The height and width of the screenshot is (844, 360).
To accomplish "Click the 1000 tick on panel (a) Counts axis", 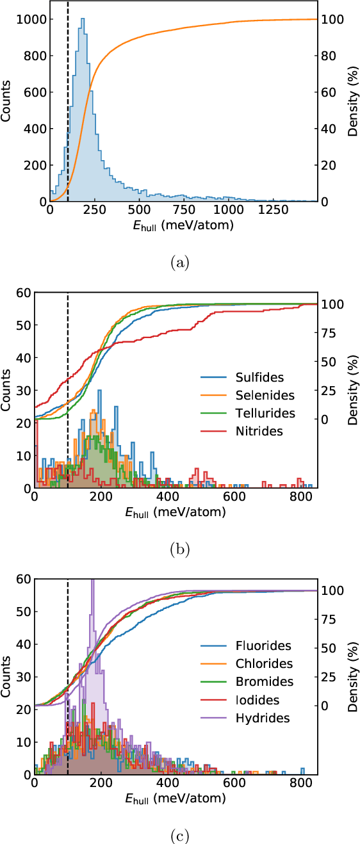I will coord(33,19).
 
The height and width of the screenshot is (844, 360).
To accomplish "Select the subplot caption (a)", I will coord(179,262).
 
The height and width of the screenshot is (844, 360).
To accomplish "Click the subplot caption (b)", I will coord(179,549).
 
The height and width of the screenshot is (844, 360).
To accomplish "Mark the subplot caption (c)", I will coord(179,835).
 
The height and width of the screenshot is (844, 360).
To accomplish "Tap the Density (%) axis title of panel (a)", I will coord(352,104).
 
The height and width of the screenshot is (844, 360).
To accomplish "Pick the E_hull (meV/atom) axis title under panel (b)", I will coord(176,513).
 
